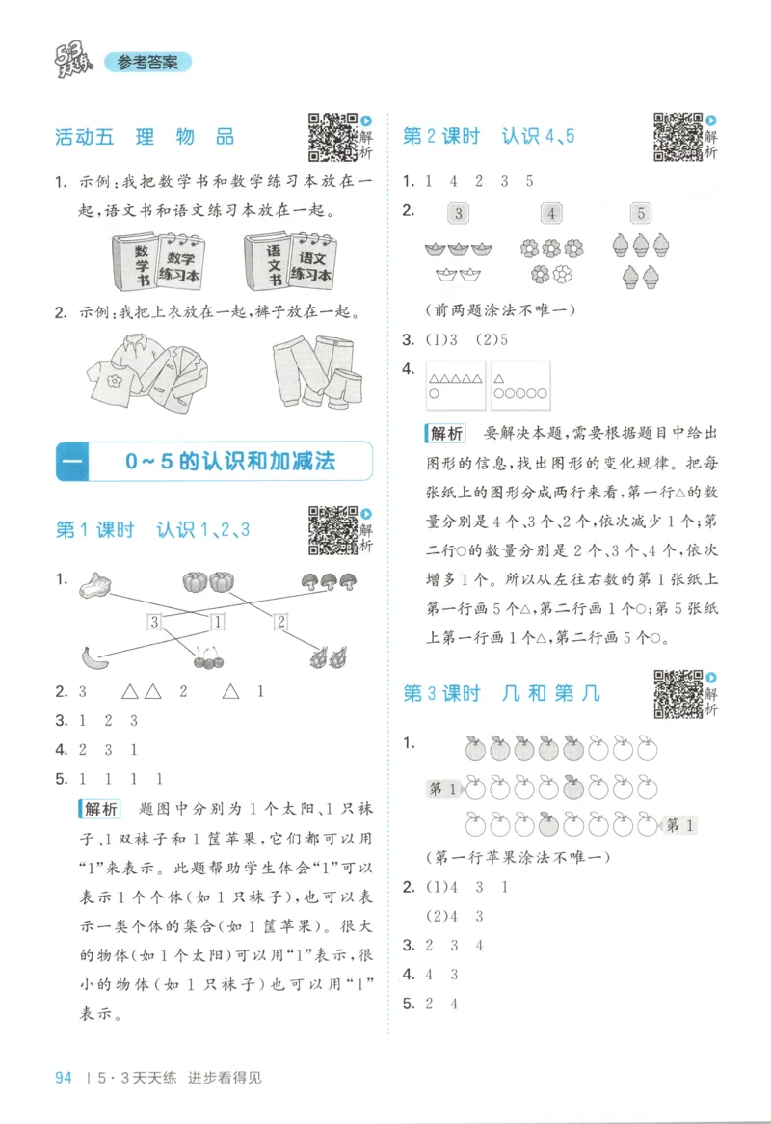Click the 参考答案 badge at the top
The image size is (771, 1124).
147,63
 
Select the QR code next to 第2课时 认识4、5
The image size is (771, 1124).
678,136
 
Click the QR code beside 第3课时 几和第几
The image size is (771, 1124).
678,693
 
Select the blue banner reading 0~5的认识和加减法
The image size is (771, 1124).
214,462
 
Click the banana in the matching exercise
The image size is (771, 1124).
93,657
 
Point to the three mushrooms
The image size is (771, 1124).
321,581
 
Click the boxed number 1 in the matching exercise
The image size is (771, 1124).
218,622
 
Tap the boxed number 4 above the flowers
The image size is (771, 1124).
551,213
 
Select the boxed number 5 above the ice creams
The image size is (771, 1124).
641,213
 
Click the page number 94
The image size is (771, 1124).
65,1078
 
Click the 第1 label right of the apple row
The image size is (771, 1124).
679,824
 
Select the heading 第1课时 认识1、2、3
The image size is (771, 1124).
153,530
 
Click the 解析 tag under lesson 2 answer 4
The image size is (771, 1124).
444,432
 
